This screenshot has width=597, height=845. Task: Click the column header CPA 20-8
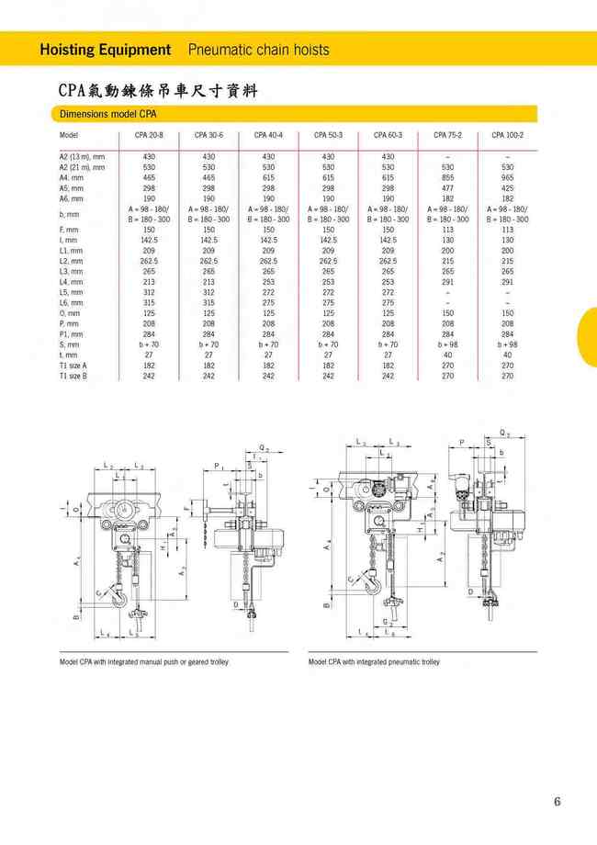[149, 135]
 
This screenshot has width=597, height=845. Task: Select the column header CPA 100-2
[507, 135]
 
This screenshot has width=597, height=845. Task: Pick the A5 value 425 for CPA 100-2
[507, 187]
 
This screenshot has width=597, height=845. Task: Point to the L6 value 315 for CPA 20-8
[149, 302]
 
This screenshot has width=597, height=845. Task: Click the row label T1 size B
[73, 376]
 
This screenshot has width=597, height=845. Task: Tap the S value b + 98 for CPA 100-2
[507, 344]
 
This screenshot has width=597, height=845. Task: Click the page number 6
[557, 801]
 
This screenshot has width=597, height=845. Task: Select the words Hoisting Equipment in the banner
[106, 50]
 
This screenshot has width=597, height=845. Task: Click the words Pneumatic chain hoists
[258, 50]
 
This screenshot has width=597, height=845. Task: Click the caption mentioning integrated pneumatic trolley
[374, 661]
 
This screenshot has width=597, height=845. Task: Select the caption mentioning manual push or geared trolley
[144, 661]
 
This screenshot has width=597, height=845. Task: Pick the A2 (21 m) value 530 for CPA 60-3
[388, 167]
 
